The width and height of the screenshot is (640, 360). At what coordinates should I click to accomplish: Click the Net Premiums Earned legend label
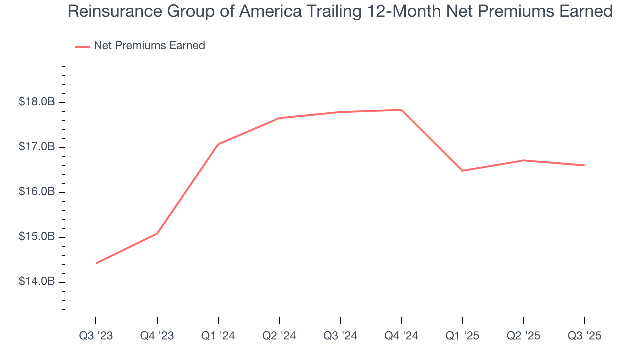[149, 46]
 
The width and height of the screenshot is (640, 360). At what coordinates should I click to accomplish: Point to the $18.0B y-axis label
[36, 102]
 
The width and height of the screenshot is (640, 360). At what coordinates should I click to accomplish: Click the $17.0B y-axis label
[36, 147]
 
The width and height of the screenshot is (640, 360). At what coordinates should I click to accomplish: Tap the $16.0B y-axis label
[36, 192]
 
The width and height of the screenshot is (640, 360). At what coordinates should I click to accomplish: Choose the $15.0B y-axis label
[36, 237]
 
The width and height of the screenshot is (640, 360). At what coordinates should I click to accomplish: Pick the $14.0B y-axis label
[36, 282]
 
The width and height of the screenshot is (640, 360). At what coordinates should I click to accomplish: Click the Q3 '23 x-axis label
[96, 336]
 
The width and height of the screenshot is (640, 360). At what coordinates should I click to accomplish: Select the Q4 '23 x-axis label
[157, 336]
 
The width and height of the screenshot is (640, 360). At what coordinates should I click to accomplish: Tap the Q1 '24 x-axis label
[218, 336]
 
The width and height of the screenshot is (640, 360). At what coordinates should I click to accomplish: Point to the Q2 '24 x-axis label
[279, 336]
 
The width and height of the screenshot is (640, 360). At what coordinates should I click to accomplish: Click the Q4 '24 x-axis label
[401, 336]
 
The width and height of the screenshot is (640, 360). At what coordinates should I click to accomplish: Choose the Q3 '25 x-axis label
[584, 336]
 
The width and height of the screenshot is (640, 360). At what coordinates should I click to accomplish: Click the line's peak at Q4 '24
[401, 110]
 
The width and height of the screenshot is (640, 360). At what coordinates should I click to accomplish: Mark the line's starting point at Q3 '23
[96, 263]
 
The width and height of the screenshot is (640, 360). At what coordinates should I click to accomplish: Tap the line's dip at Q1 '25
[462, 171]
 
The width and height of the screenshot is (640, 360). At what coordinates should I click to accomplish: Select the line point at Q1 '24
[218, 144]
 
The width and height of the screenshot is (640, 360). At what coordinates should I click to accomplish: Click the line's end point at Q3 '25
[584, 165]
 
